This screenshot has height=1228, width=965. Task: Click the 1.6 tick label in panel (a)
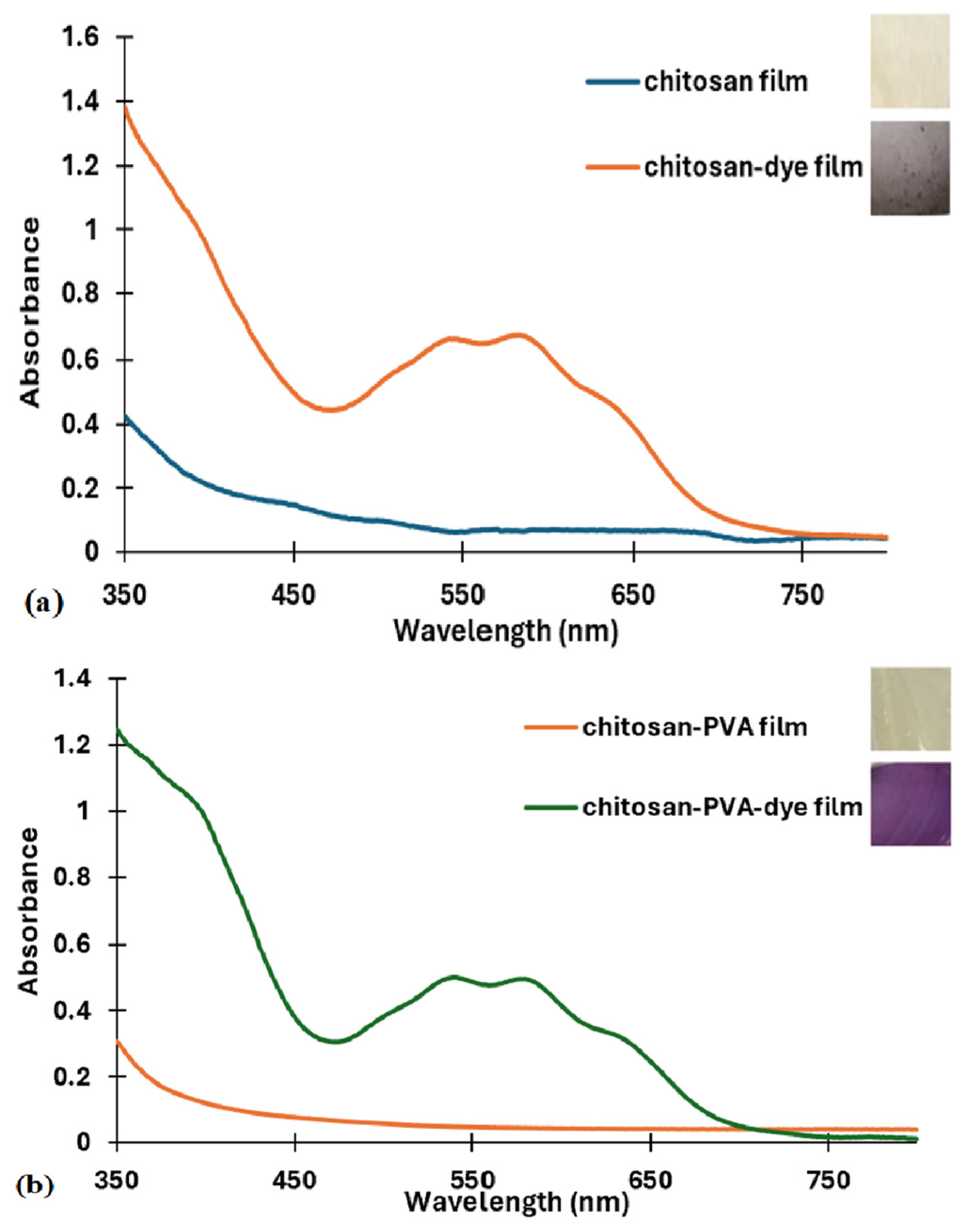pyautogui.click(x=83, y=38)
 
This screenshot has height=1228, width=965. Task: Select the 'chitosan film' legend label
pyautogui.click(x=726, y=82)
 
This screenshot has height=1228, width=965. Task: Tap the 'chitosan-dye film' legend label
pyautogui.click(x=753, y=167)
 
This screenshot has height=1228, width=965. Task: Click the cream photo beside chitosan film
pyautogui.click(x=909, y=62)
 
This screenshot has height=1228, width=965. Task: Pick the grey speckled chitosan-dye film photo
pyautogui.click(x=909, y=168)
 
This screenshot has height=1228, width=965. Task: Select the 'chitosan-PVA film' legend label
pyautogui.click(x=695, y=726)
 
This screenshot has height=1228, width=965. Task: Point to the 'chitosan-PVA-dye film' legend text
pyautogui.click(x=722, y=807)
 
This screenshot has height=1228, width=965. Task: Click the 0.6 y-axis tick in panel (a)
pyautogui.click(x=83, y=360)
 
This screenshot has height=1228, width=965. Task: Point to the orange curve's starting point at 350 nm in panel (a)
pyautogui.click(x=125, y=105)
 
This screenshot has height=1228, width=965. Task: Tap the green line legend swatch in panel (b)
pyautogui.click(x=551, y=807)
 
